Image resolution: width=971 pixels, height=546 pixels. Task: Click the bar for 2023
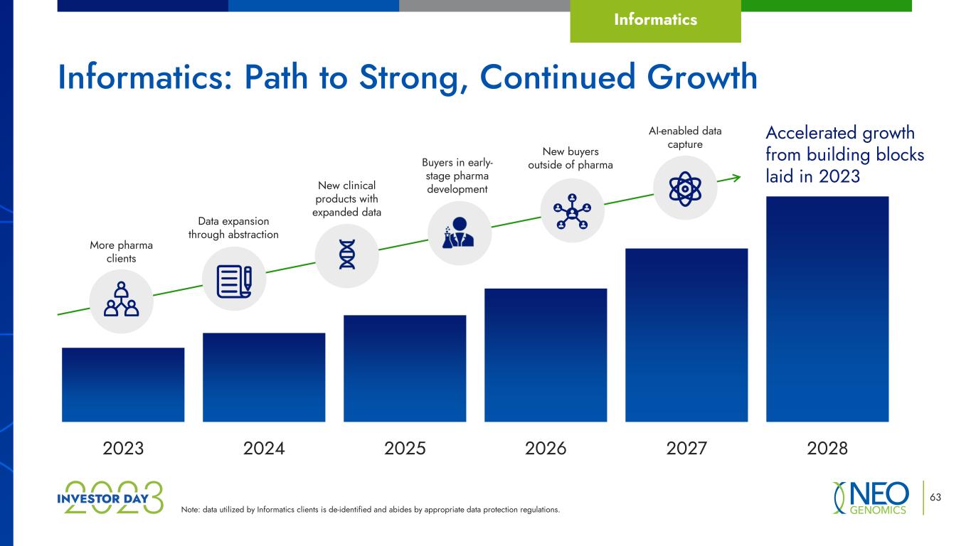tap(123, 385)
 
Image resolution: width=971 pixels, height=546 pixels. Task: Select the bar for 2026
tap(546, 355)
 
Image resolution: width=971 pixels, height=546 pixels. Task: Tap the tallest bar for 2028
tap(827, 309)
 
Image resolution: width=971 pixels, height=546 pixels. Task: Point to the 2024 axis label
tap(264, 448)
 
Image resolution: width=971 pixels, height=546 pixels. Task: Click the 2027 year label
tap(686, 448)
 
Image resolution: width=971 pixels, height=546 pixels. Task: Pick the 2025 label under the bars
tap(405, 448)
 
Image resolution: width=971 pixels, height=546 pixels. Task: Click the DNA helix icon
tap(347, 255)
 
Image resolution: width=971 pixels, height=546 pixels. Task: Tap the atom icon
tap(685, 188)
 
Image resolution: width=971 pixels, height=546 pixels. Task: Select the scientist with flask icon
tap(458, 232)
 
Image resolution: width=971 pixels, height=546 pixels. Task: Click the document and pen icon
tap(235, 282)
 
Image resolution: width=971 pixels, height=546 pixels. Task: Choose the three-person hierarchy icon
tap(122, 299)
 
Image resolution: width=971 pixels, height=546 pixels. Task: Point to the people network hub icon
tap(572, 211)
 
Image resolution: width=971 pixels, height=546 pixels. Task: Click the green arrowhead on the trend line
tap(736, 177)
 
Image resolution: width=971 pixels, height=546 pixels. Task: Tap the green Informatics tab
tap(655, 21)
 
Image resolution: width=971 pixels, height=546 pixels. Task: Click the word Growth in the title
tap(702, 77)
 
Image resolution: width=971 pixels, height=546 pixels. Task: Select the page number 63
tap(935, 497)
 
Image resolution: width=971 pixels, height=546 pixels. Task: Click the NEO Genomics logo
tap(871, 498)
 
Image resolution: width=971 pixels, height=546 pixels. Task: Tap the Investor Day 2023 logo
tap(110, 498)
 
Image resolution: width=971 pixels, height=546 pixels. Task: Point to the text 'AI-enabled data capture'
tap(685, 137)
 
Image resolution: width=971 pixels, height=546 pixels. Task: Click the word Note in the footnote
tap(190, 510)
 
